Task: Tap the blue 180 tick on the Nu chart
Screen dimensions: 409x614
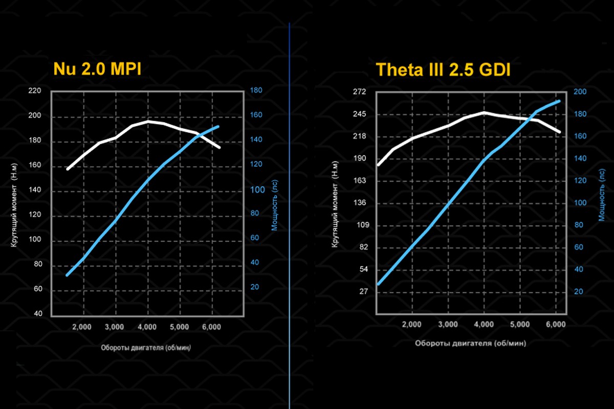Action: (256, 90)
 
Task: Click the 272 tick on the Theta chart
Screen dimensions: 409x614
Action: (360, 92)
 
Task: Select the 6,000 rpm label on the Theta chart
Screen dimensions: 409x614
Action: (556, 324)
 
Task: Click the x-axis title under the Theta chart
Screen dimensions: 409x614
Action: (470, 343)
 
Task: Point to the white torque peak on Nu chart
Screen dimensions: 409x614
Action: (148, 121)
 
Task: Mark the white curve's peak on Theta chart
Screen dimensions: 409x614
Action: (484, 112)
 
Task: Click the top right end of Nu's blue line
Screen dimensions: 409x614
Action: (218, 126)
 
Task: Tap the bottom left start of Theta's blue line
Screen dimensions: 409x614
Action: (378, 284)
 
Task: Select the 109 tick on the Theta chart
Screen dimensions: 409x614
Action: (360, 225)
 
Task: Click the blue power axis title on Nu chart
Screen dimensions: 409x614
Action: (274, 208)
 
